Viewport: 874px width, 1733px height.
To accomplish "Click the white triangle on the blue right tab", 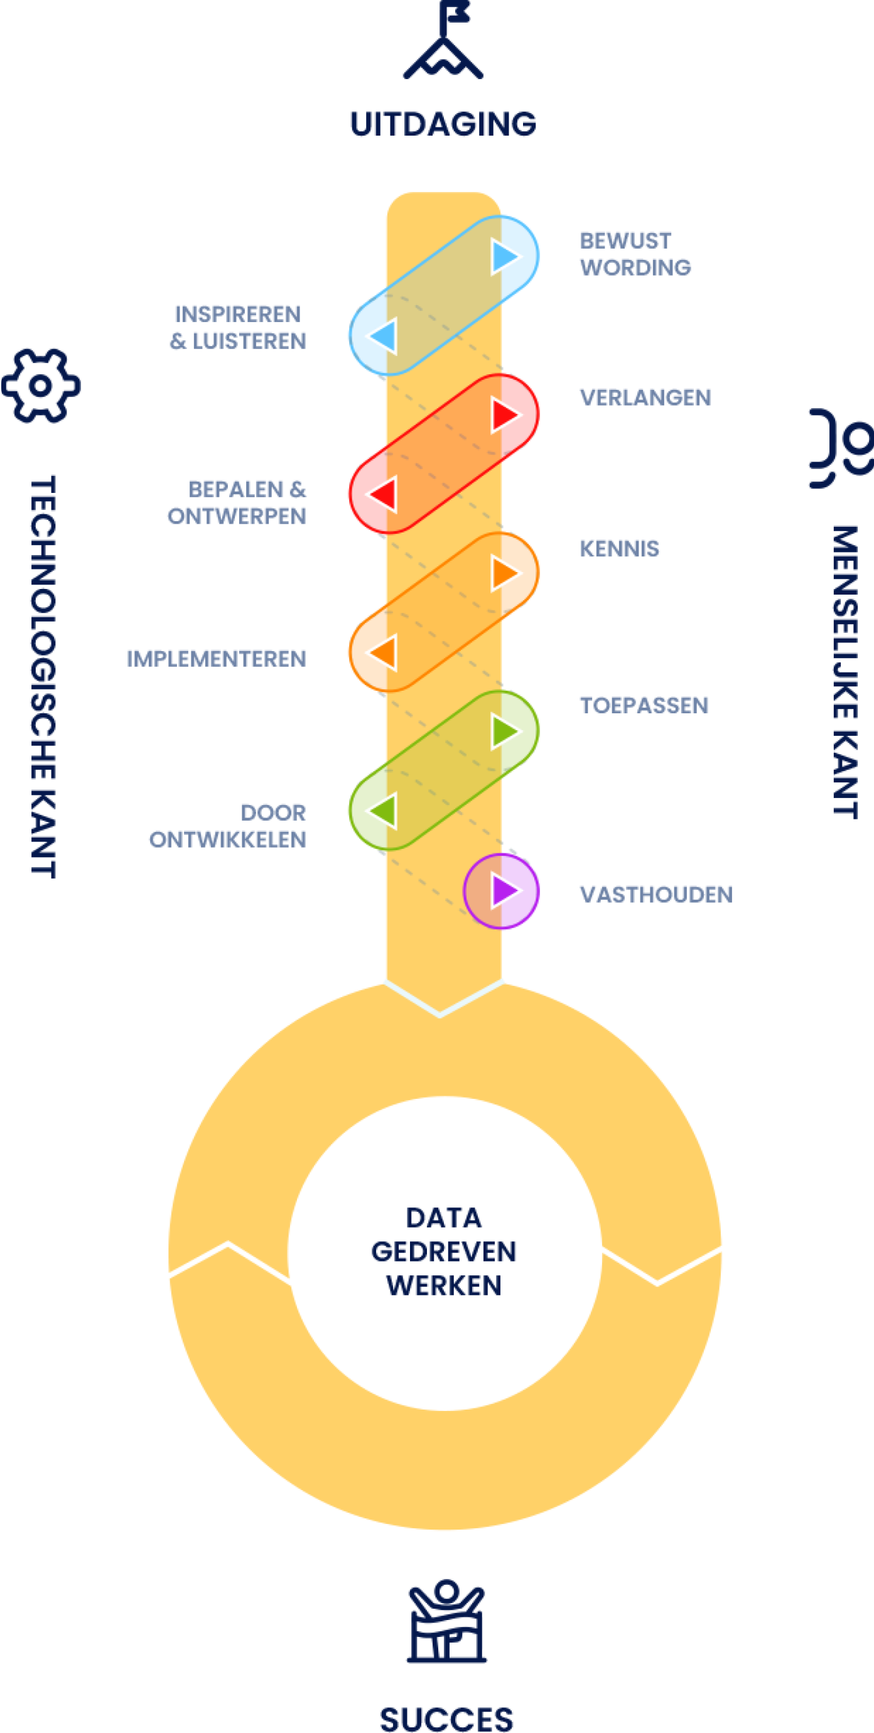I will pos(507,256).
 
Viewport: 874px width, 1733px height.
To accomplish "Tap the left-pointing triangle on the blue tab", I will pos(382,336).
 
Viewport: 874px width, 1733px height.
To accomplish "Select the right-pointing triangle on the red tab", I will pos(507,414).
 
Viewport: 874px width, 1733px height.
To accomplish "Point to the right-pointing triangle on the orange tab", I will pos(507,573).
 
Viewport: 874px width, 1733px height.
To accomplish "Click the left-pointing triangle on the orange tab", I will pos(382,652).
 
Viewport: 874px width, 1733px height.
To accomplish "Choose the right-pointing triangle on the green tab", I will pos(507,732).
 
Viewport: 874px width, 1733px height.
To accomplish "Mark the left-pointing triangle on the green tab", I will pos(382,810).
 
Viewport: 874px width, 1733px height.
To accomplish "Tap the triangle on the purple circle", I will pos(507,890).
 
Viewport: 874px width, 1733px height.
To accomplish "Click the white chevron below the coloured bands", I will pos(441,998).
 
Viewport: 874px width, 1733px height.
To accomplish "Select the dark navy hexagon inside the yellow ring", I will pos(444,1251).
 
